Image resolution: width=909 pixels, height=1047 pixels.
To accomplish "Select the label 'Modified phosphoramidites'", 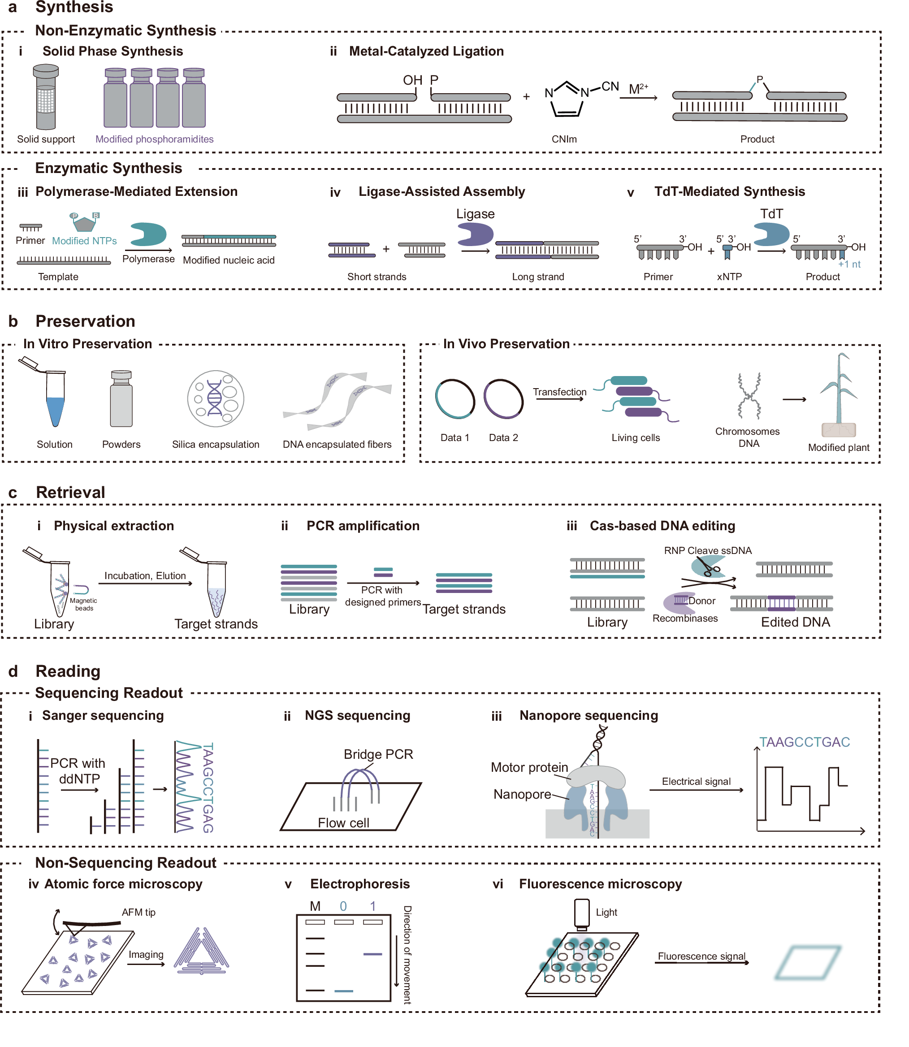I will (x=154, y=139).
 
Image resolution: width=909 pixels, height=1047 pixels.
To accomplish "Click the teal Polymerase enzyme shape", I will (x=147, y=234).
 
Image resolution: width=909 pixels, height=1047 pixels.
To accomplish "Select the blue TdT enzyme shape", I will (x=770, y=235).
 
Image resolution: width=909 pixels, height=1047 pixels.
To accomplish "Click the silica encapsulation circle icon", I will (x=216, y=399).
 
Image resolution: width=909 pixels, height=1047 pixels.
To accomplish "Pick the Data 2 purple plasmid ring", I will (x=503, y=399).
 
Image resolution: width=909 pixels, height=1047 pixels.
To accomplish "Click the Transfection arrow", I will (x=559, y=399).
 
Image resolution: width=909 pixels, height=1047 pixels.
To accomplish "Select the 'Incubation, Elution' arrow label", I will (x=145, y=576).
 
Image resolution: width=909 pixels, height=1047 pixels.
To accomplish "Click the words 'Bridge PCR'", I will (x=378, y=754).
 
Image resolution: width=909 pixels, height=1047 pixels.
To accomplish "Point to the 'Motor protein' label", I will (x=529, y=767).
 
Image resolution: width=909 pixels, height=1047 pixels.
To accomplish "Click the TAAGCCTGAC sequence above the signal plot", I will (x=805, y=742).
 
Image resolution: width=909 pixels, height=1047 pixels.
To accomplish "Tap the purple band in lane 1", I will (x=373, y=954).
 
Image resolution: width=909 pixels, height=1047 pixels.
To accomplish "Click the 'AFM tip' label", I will (x=139, y=912).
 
